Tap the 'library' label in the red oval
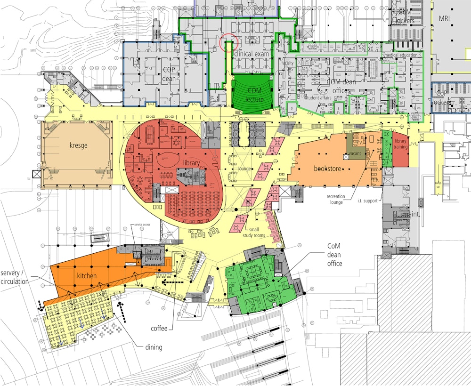(x=192, y=163)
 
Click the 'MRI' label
(x=445, y=18)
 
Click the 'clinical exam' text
(x=252, y=54)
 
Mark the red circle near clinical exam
(x=229, y=42)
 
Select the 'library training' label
(x=400, y=144)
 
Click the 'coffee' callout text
(x=159, y=328)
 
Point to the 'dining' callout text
(x=154, y=347)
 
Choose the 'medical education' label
(x=400, y=55)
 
